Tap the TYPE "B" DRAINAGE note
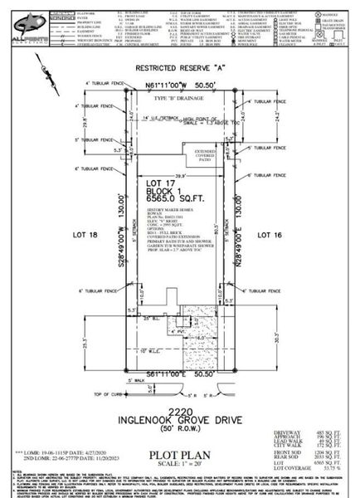click(x=178, y=98)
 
